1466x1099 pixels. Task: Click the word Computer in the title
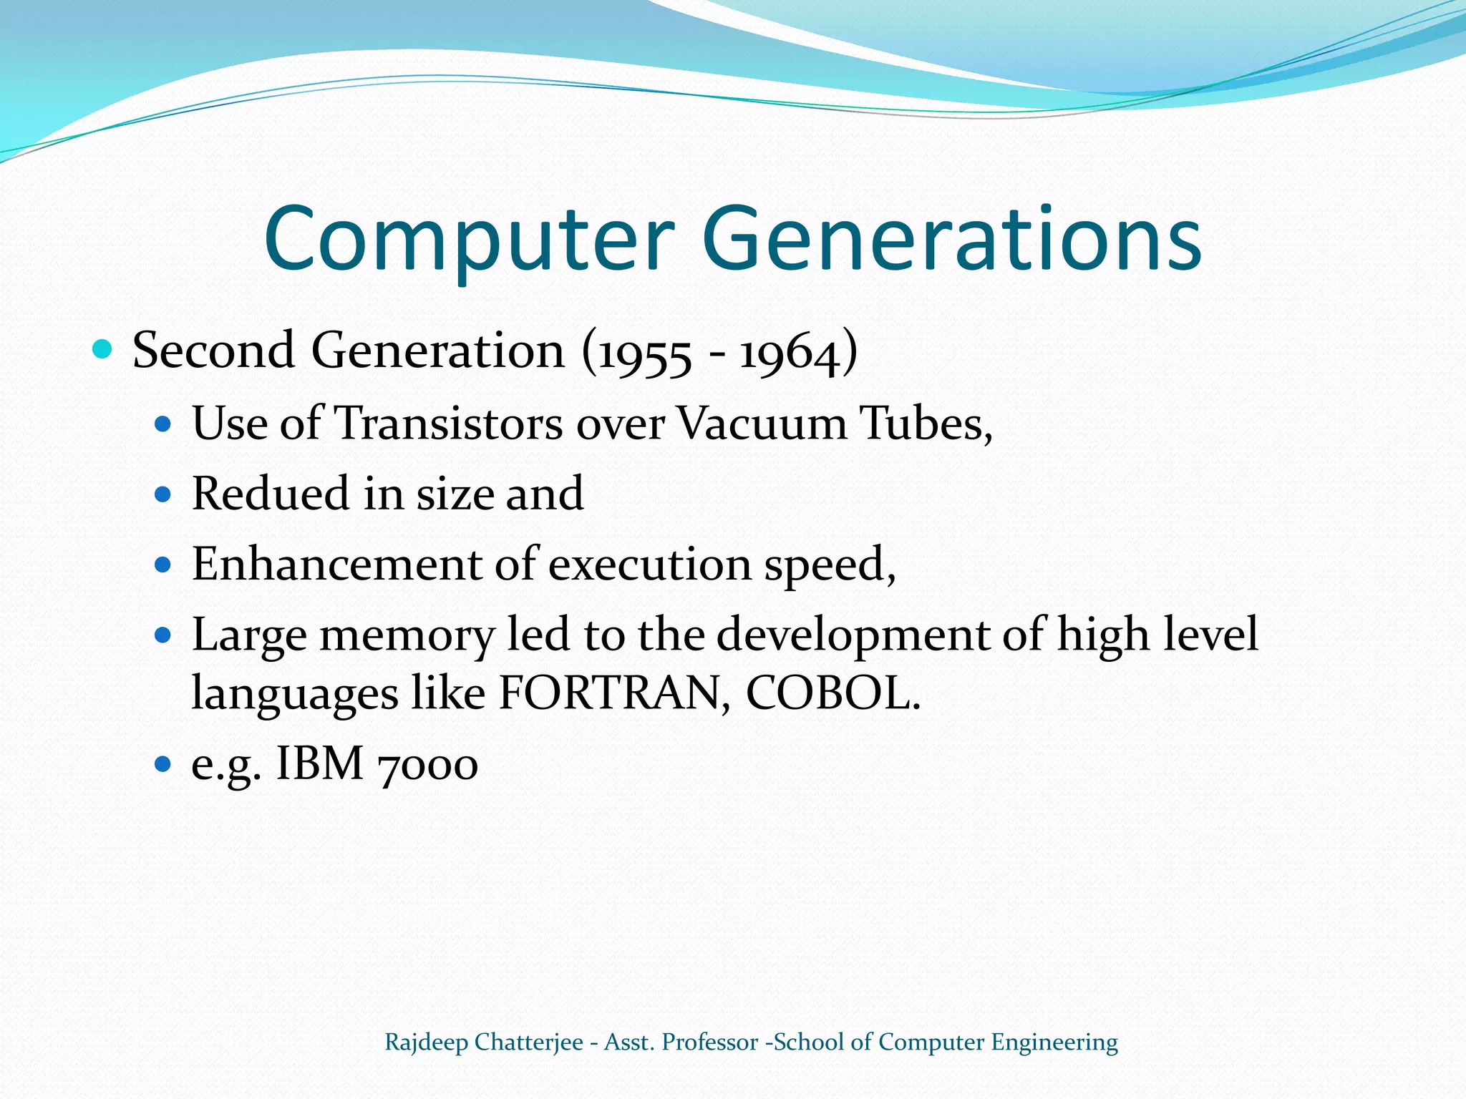(469, 240)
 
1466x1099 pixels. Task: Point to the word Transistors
(449, 423)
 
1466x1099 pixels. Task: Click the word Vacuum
(761, 423)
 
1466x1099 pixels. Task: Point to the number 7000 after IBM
(427, 764)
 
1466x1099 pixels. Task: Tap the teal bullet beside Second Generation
(103, 350)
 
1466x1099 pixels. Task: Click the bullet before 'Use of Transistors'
(164, 424)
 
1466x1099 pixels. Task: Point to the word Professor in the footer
(709, 1042)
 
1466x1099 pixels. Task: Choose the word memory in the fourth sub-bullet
(407, 636)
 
